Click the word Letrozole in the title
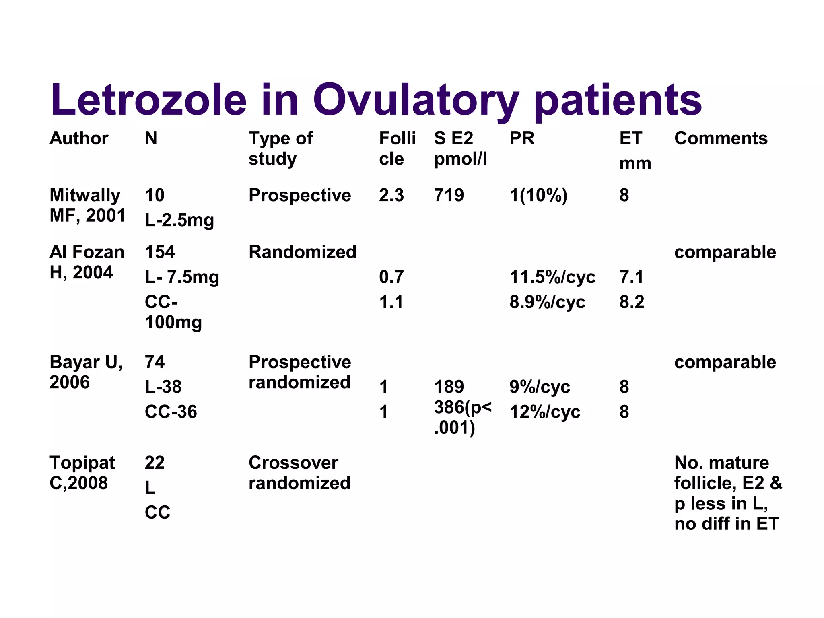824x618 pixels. click(148, 99)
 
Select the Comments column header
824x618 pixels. click(721, 138)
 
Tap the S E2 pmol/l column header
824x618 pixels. click(460, 148)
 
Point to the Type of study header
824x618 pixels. click(280, 148)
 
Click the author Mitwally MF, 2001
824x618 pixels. click(87, 205)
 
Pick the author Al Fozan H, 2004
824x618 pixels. click(87, 262)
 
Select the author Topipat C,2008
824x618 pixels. click(82, 473)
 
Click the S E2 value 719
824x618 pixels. click(449, 196)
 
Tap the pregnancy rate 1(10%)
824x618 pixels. click(538, 196)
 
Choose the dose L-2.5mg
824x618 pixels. click(179, 220)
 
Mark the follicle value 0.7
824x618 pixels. click(391, 277)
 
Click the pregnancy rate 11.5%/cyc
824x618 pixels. click(552, 277)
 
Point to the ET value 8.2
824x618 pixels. click(631, 302)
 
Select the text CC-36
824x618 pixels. click(171, 412)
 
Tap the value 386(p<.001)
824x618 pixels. click(462, 417)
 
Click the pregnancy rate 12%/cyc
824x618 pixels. click(544, 412)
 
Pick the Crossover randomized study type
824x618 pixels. click(299, 473)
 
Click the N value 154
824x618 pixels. click(159, 252)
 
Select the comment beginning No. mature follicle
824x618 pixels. click(727, 493)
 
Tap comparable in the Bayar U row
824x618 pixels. click(725, 362)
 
